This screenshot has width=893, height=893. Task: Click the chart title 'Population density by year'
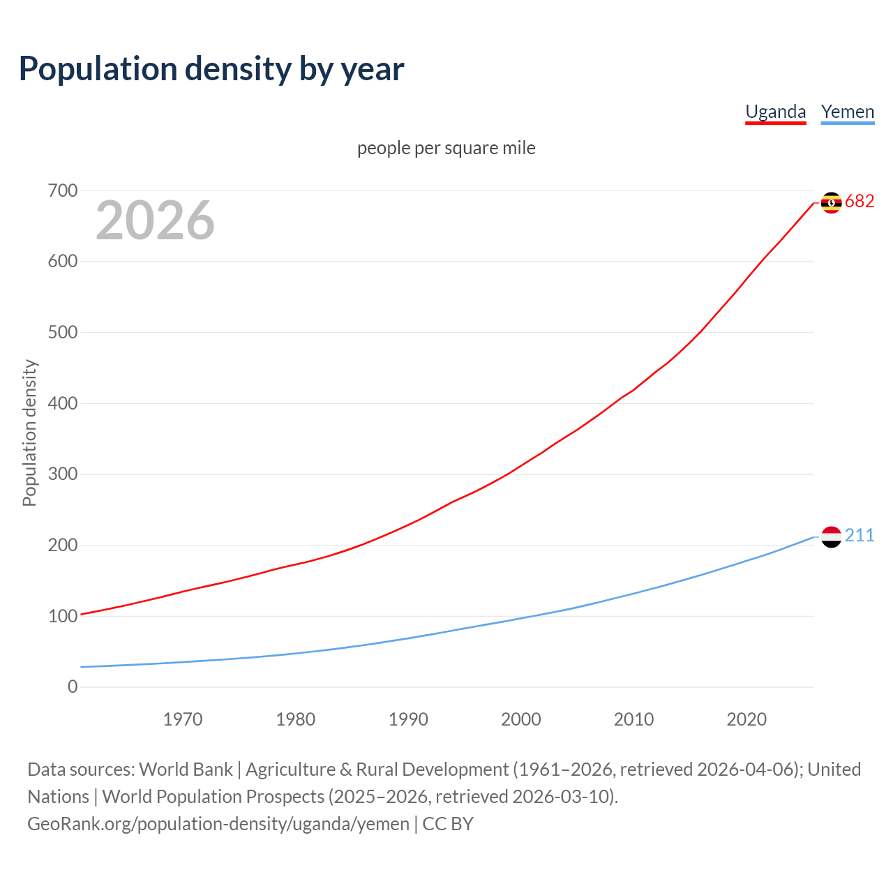pyautogui.click(x=211, y=69)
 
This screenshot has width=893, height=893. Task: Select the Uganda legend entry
pyautogui.click(x=775, y=112)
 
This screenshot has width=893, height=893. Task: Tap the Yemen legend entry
pyautogui.click(x=847, y=112)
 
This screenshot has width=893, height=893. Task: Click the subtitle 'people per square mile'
pyautogui.click(x=446, y=148)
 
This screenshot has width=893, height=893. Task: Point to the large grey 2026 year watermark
pyautogui.click(x=155, y=220)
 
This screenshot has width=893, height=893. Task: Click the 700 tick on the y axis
pyautogui.click(x=63, y=190)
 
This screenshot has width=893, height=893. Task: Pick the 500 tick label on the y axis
pyautogui.click(x=63, y=332)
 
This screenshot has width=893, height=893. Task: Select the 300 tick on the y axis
pyautogui.click(x=63, y=474)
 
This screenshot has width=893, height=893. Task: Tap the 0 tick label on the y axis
pyautogui.click(x=73, y=686)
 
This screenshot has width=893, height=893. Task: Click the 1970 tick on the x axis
pyautogui.click(x=183, y=719)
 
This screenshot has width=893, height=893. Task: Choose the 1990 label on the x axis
pyautogui.click(x=408, y=719)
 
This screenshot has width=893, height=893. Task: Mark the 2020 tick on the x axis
pyautogui.click(x=746, y=719)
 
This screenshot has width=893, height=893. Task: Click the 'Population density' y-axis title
pyautogui.click(x=29, y=433)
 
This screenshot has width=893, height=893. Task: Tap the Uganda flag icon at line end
pyautogui.click(x=831, y=202)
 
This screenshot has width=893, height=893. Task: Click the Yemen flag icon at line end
pyautogui.click(x=831, y=536)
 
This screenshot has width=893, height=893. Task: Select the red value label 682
pyautogui.click(x=860, y=202)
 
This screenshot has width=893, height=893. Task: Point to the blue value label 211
pyautogui.click(x=860, y=536)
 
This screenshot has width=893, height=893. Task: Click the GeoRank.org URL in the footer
pyautogui.click(x=218, y=824)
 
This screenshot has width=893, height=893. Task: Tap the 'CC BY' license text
pyautogui.click(x=448, y=824)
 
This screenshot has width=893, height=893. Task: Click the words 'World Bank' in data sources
pyautogui.click(x=186, y=770)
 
